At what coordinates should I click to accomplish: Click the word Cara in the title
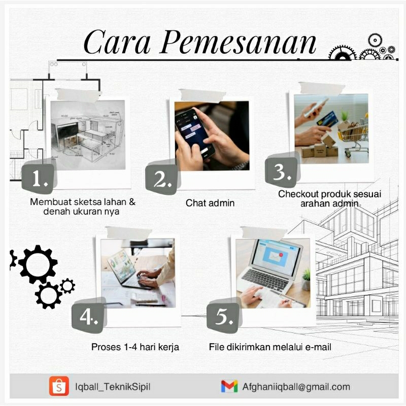117,42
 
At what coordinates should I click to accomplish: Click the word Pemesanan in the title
238,42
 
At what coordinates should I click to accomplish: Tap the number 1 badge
39,178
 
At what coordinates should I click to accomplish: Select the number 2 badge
162,179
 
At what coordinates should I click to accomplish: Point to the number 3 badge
282,172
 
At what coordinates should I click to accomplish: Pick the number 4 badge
88,317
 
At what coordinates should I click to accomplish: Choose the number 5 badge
223,317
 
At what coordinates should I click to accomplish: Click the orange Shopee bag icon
59,386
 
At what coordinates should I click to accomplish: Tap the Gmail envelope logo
229,386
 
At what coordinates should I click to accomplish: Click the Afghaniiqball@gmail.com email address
296,387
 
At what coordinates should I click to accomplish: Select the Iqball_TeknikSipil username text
113,387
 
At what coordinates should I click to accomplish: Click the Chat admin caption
210,203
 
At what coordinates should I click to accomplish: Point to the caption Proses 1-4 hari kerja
135,347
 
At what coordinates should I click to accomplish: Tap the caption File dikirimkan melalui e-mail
270,347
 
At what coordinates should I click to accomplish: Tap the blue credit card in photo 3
327,119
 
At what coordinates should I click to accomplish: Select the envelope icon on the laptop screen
275,256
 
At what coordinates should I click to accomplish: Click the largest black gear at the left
38,264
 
